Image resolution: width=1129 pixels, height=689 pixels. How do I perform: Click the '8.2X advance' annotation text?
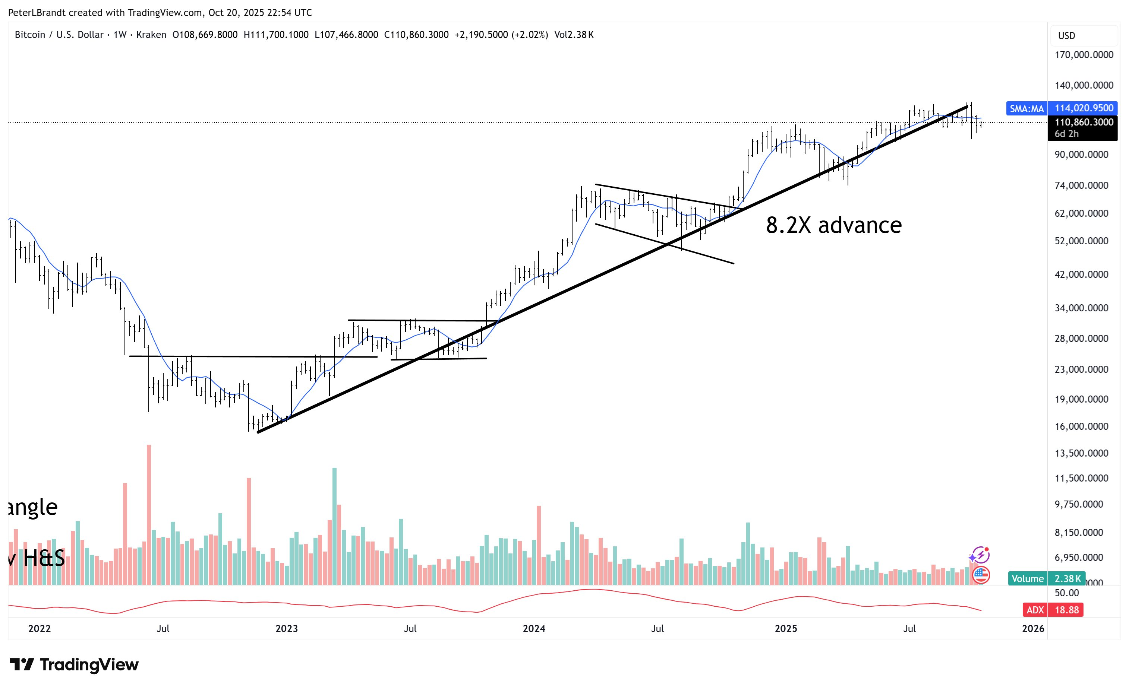833,225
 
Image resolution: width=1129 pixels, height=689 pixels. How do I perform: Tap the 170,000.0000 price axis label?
1084,55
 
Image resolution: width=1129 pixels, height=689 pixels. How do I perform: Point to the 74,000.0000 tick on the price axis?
1081,185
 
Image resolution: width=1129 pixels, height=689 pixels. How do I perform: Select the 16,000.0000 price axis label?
1081,426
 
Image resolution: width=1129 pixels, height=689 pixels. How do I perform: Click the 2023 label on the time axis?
286,629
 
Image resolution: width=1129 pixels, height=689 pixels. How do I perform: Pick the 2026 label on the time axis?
1033,629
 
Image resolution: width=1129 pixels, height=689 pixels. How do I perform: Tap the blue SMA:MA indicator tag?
1026,108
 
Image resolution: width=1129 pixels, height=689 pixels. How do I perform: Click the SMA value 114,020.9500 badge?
1084,108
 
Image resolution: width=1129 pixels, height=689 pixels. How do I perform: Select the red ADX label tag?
1035,610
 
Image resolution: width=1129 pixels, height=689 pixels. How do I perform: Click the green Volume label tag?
1027,579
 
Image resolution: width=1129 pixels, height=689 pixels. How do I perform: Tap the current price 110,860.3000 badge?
1084,122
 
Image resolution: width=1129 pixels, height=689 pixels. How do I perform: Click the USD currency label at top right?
1066,36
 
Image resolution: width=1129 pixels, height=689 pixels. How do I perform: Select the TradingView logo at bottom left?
74,664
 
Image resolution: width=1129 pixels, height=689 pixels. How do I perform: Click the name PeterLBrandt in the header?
37,13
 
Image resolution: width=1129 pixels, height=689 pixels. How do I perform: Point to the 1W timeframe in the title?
120,35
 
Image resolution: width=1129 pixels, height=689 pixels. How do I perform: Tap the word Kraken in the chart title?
151,35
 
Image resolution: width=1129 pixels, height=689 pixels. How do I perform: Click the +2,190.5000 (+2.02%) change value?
501,35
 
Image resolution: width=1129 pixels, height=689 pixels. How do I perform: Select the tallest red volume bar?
149,515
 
